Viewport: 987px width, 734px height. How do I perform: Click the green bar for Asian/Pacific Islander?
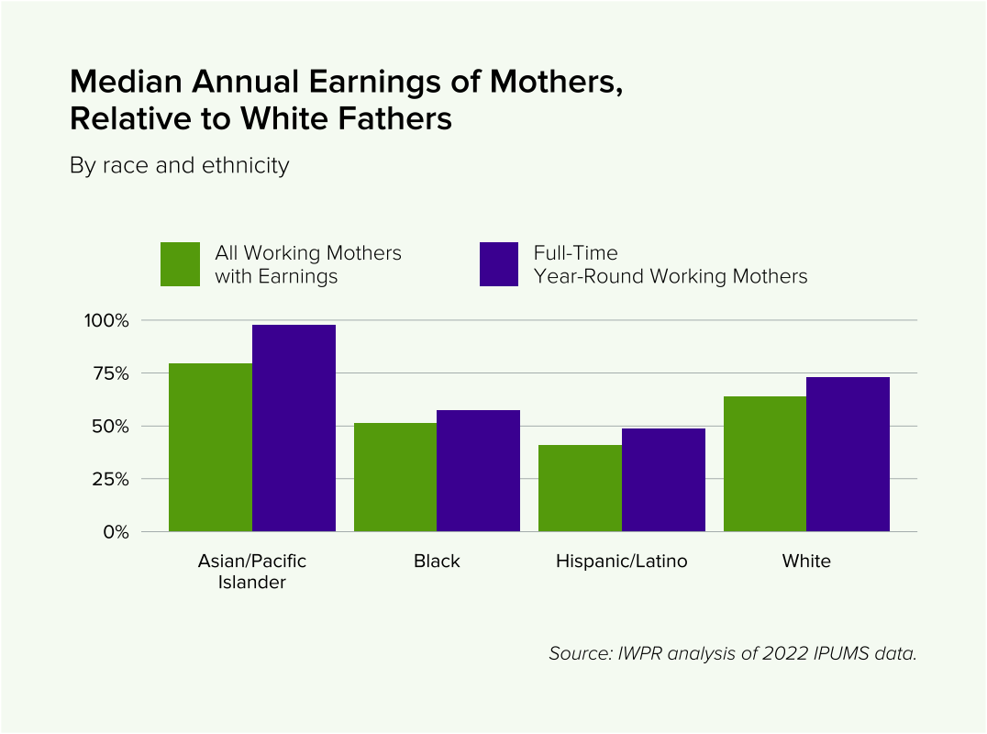pos(210,448)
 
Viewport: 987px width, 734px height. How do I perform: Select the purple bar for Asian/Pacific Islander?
pos(294,428)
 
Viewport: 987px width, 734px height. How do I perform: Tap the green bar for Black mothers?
pos(395,477)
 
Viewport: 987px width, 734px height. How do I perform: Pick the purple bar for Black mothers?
pos(479,471)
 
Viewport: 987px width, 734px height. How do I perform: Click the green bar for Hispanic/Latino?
pos(580,488)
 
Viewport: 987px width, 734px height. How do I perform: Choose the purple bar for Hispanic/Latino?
pos(663,480)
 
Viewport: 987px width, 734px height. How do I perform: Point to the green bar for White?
pos(765,464)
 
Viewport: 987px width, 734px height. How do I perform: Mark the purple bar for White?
pos(848,454)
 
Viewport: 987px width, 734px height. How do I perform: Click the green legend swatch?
pos(180,264)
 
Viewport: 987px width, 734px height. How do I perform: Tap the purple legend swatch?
pos(498,264)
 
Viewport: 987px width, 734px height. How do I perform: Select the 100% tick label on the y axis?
pos(106,320)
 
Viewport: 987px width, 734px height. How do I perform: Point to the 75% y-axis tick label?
pos(110,373)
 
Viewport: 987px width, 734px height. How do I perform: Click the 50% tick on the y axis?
pos(110,426)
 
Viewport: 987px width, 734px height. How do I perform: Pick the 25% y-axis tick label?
pos(110,479)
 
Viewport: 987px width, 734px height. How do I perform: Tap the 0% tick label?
pos(116,532)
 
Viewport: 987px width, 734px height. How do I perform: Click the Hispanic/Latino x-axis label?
pos(621,561)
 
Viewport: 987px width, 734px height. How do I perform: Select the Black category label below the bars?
pos(437,561)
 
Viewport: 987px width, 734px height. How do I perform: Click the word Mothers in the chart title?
pos(557,82)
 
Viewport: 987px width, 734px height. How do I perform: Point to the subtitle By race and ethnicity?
pos(180,165)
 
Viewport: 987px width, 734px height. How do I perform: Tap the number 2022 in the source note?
pos(785,653)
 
